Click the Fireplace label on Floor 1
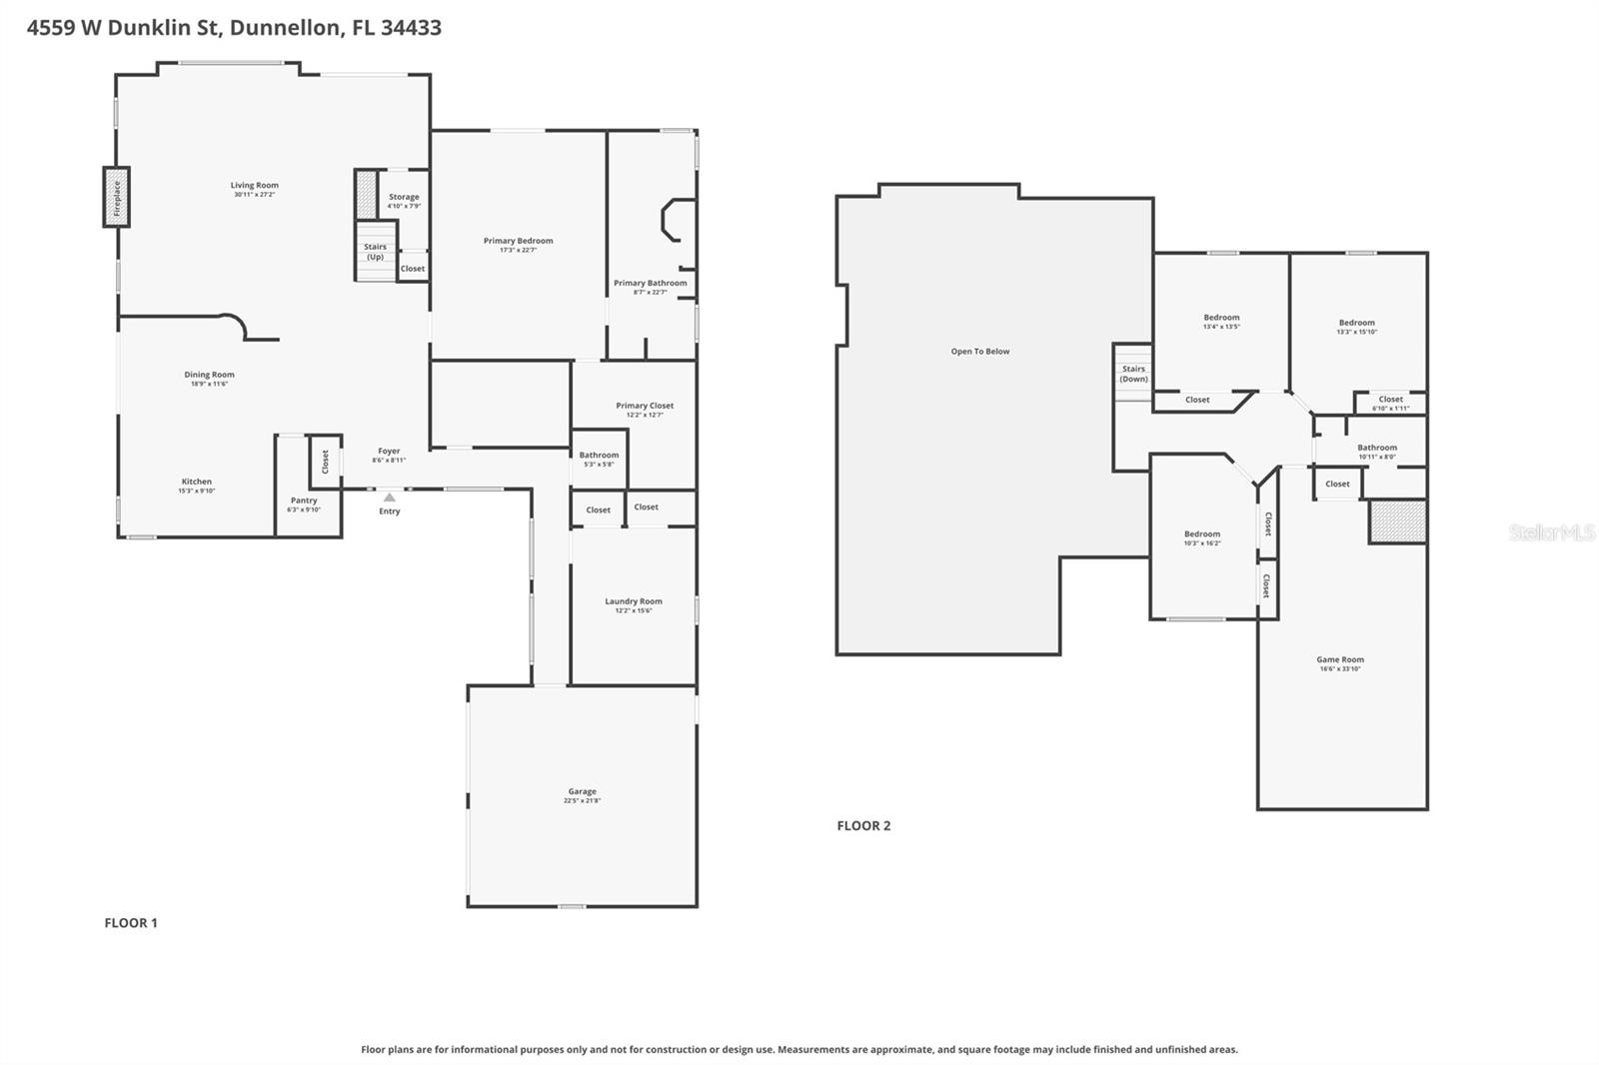click(117, 197)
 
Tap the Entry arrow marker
click(390, 498)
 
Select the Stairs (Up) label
click(375, 252)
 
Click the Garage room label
click(582, 791)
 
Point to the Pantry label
click(304, 501)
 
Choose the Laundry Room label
click(633, 601)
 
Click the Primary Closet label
click(645, 406)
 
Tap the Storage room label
click(404, 197)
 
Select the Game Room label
click(1339, 659)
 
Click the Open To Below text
click(979, 352)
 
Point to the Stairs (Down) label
click(1133, 374)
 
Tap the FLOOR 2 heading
click(863, 825)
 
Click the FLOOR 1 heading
click(131, 923)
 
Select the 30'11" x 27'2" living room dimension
click(254, 195)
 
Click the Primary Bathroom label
click(650, 283)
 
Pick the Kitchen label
click(196, 482)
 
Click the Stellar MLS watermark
click(1551, 532)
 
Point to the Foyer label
click(389, 452)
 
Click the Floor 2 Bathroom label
click(1376, 448)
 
